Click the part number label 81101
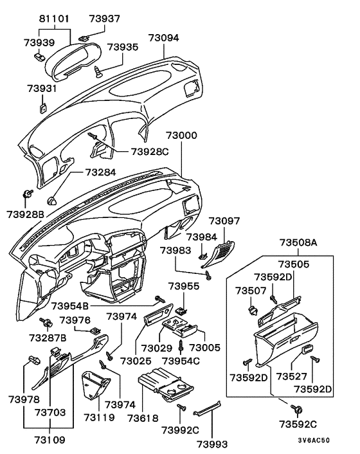point(52,19)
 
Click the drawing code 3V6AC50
point(314,441)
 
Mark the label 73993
point(213,444)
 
